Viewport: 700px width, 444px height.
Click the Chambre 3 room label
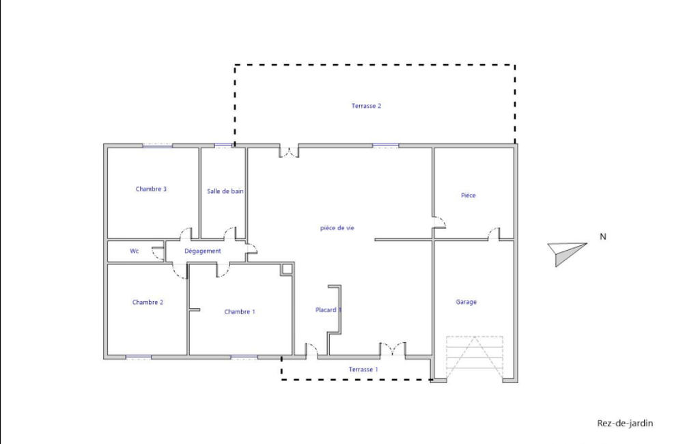tap(151, 189)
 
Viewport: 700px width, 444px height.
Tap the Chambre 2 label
tap(148, 303)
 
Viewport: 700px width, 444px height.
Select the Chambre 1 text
tap(240, 311)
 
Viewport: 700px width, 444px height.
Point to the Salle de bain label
tap(225, 191)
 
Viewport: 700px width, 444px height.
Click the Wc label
tap(135, 251)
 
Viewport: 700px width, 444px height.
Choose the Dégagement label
tap(203, 251)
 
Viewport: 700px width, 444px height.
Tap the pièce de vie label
tap(337, 228)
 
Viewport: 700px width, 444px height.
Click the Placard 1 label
tap(328, 310)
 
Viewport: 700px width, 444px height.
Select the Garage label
tap(466, 302)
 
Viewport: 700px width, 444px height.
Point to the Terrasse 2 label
tap(366, 106)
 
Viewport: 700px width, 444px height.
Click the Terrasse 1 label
tap(363, 370)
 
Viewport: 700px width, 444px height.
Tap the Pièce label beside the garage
tap(468, 195)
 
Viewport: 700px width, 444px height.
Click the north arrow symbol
tap(567, 253)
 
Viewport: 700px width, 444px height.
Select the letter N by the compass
tap(602, 237)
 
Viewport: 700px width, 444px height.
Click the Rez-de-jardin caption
tap(625, 423)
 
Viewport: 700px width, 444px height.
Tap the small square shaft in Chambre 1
tap(287, 269)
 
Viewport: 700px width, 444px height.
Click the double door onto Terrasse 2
tap(289, 152)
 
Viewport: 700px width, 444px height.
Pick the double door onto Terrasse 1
tap(393, 349)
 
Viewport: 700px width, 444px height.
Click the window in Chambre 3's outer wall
tap(158, 145)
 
